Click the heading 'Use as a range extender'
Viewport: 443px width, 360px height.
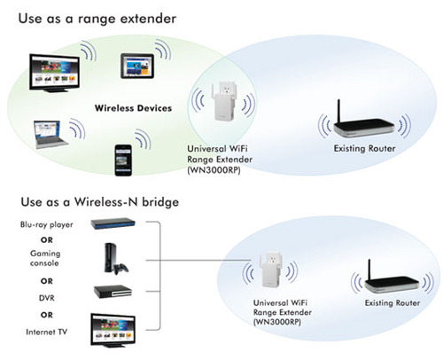(x=97, y=19)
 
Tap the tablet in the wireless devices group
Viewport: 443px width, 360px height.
(x=137, y=66)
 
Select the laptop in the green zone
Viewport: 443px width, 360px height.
(x=51, y=134)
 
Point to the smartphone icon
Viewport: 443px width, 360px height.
(x=123, y=160)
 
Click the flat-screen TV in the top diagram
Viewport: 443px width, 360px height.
(x=54, y=73)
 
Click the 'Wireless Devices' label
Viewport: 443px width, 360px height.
(x=133, y=108)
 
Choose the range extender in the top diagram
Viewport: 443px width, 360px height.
(x=223, y=102)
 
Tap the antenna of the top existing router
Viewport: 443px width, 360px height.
(x=339, y=111)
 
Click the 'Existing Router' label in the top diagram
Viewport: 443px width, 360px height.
(x=364, y=148)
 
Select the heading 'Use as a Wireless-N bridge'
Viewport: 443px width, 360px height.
(x=100, y=202)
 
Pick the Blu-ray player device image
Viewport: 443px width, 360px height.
(x=113, y=223)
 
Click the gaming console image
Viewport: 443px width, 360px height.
(x=115, y=259)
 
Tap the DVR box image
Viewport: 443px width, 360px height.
(x=113, y=292)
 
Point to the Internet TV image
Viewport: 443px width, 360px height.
(x=113, y=330)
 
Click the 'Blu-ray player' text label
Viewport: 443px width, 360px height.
(x=47, y=224)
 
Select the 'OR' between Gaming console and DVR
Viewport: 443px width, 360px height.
(x=47, y=281)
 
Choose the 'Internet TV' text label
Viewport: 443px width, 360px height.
(x=47, y=332)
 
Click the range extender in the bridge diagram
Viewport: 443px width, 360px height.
(x=270, y=270)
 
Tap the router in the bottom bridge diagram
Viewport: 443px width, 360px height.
(x=392, y=280)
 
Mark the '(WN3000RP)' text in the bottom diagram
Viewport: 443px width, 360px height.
(x=277, y=322)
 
